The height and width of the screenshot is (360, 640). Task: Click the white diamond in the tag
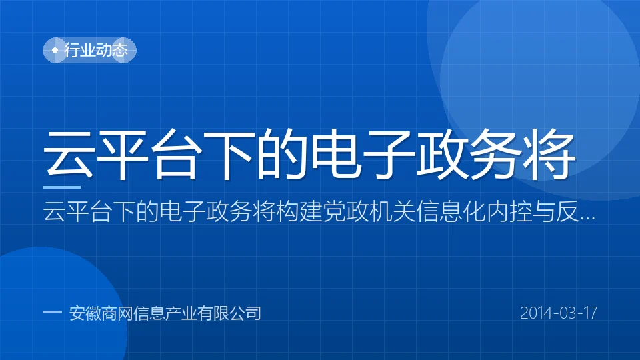[55, 50]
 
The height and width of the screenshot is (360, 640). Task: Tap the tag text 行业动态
[96, 50]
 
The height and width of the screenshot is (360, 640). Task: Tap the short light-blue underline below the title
[61, 187]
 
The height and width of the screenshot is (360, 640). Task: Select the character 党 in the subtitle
[333, 212]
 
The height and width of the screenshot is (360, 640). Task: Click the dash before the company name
[52, 312]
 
